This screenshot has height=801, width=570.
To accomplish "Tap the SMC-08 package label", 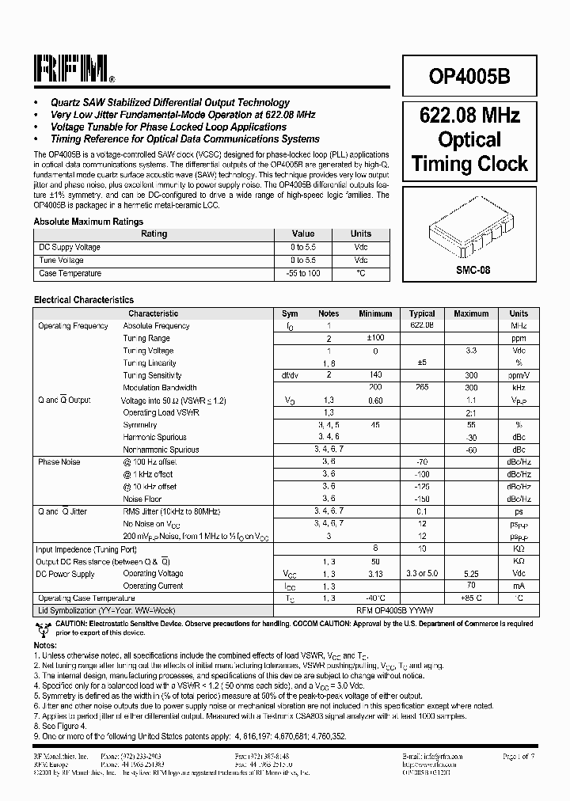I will click(473, 270).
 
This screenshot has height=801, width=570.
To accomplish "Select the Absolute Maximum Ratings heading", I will click(89, 222).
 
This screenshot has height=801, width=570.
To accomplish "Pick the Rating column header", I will click(154, 234).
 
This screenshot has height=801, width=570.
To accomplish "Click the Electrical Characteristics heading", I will click(84, 300).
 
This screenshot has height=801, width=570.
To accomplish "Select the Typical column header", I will click(422, 313).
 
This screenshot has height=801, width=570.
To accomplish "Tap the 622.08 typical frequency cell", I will click(422, 325).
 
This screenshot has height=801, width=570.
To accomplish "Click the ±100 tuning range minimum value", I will click(375, 338).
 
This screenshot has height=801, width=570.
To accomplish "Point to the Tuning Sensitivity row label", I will click(152, 375).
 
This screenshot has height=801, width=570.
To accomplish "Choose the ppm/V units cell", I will click(519, 375).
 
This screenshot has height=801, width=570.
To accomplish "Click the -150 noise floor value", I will click(422, 499).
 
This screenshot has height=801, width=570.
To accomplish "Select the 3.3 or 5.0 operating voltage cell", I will click(422, 574).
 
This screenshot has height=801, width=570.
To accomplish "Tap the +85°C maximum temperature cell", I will click(471, 598).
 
